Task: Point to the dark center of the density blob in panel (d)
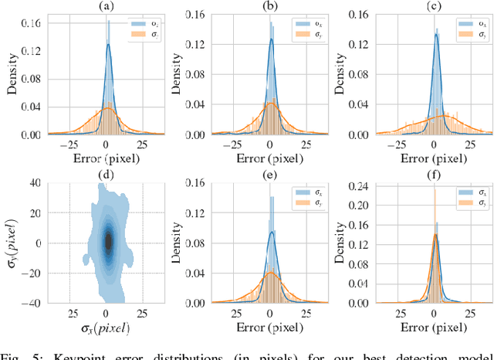coord(108,242)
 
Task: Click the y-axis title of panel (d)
coord(12,243)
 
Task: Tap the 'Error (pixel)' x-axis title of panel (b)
coord(270,161)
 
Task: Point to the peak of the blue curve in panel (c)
coord(435,56)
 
